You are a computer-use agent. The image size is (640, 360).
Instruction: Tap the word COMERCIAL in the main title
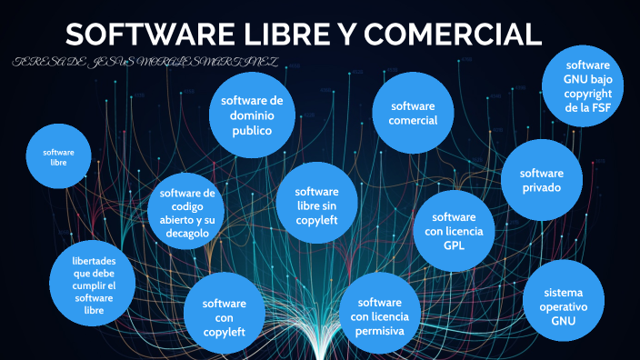(453, 35)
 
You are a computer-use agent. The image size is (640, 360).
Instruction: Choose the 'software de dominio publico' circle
(252, 115)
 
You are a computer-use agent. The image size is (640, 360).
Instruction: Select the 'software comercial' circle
(414, 114)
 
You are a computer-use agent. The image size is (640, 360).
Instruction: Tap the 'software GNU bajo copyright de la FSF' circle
(589, 86)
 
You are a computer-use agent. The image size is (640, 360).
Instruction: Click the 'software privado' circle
(542, 180)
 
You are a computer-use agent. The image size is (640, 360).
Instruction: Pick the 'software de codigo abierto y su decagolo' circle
(186, 213)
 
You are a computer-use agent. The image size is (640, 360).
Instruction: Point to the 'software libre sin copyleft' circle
(316, 205)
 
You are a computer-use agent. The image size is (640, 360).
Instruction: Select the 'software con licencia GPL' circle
(454, 231)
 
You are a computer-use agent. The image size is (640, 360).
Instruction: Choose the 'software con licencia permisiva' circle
(380, 315)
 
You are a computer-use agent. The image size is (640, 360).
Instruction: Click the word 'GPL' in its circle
(454, 245)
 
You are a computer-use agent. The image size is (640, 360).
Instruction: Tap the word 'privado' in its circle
(542, 187)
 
